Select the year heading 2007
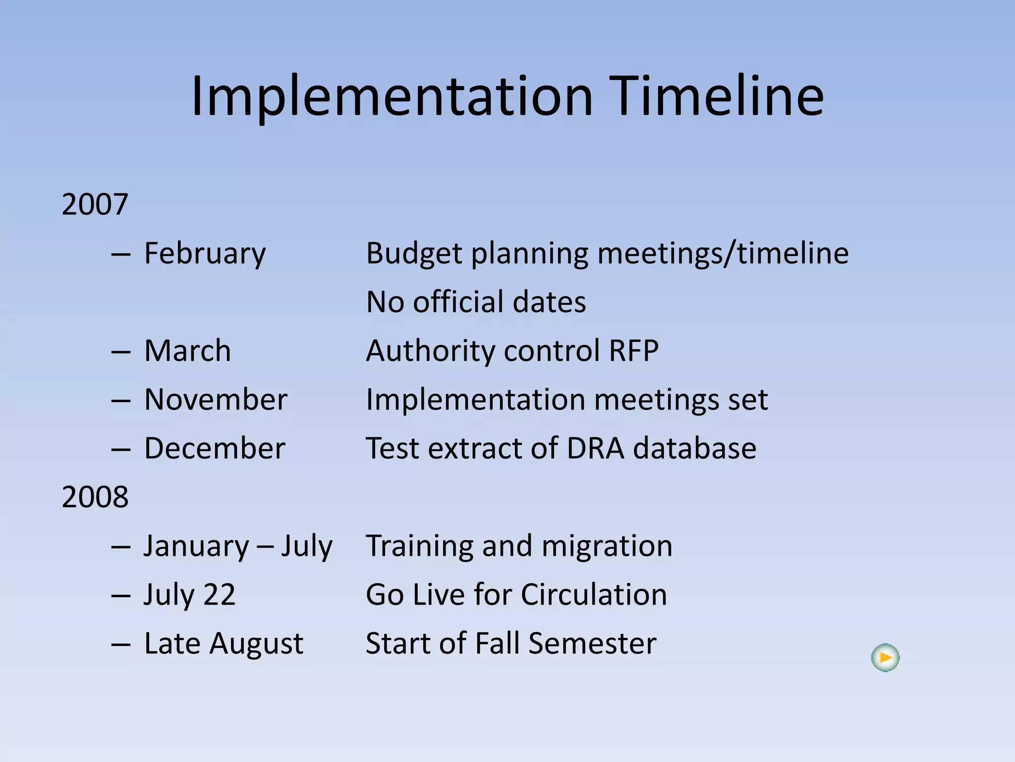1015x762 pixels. pyautogui.click(x=95, y=204)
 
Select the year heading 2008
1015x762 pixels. pyautogui.click(x=95, y=497)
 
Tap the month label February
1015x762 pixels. pyautogui.click(x=205, y=254)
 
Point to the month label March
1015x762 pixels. pyautogui.click(x=187, y=351)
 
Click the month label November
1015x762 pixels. pyautogui.click(x=216, y=399)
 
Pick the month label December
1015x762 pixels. pyautogui.click(x=215, y=448)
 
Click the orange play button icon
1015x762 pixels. pyautogui.click(x=885, y=658)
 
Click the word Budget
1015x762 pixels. pyautogui.click(x=414, y=254)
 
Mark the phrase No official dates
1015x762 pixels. pyautogui.click(x=476, y=302)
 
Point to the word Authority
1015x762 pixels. pyautogui.click(x=430, y=351)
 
